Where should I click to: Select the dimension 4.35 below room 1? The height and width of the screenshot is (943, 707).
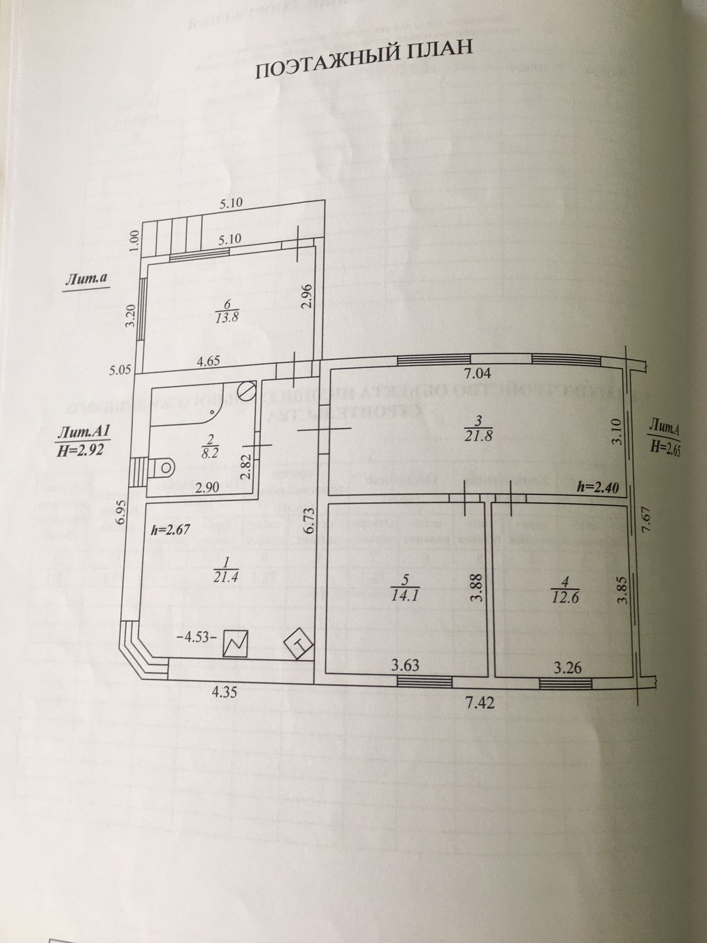tap(225, 692)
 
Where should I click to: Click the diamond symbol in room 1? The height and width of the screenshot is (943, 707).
tap(298, 642)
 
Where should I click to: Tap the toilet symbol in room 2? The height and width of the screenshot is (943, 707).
tap(162, 467)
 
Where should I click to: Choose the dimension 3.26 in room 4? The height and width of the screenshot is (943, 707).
tap(566, 668)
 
